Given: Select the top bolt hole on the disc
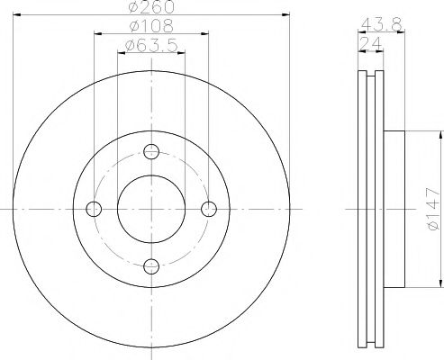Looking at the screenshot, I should pyautogui.click(x=151, y=151).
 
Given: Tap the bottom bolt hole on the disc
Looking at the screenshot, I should pyautogui.click(x=151, y=265).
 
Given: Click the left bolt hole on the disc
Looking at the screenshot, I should pyautogui.click(x=94, y=209).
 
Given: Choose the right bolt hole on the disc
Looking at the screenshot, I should pyautogui.click(x=209, y=209).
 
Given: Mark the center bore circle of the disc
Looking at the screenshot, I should pyautogui.click(x=151, y=209).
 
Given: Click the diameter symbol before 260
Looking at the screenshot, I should pyautogui.click(x=131, y=7).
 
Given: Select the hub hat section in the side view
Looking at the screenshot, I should pyautogui.click(x=396, y=209).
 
